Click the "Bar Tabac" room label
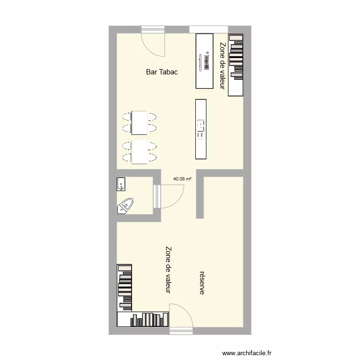click(x=162, y=72)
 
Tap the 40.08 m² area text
click(x=182, y=179)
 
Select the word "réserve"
click(x=202, y=282)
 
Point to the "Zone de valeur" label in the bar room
click(x=222, y=66)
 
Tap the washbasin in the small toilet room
click(x=121, y=184)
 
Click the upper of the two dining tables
click(x=139, y=122)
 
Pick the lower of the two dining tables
click(x=139, y=152)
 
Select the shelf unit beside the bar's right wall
click(x=236, y=64)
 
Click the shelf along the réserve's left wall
click(x=124, y=287)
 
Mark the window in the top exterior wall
click(x=208, y=29)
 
